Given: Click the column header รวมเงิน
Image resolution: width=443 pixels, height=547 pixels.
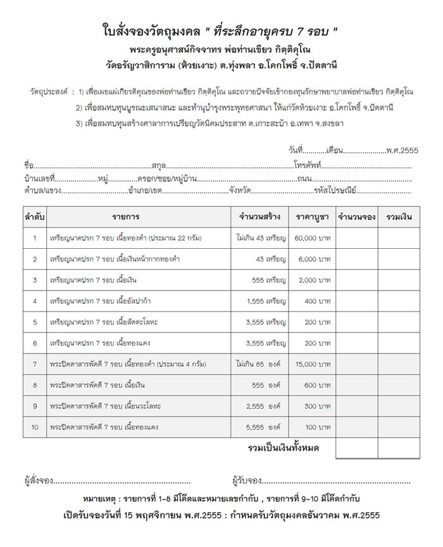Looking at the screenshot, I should pyautogui.click(x=399, y=217).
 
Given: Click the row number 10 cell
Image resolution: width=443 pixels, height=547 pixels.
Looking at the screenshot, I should pyautogui.click(x=35, y=427).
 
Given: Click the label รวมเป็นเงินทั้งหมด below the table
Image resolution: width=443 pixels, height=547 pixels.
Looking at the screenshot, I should pyautogui.click(x=283, y=448).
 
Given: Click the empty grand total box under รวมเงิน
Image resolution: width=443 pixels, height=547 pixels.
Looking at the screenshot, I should pyautogui.click(x=399, y=448).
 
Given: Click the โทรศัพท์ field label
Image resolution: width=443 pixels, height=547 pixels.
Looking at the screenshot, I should pyautogui.click(x=309, y=166).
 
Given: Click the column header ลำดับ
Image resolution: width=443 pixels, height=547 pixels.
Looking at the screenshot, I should pyautogui.click(x=35, y=217).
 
